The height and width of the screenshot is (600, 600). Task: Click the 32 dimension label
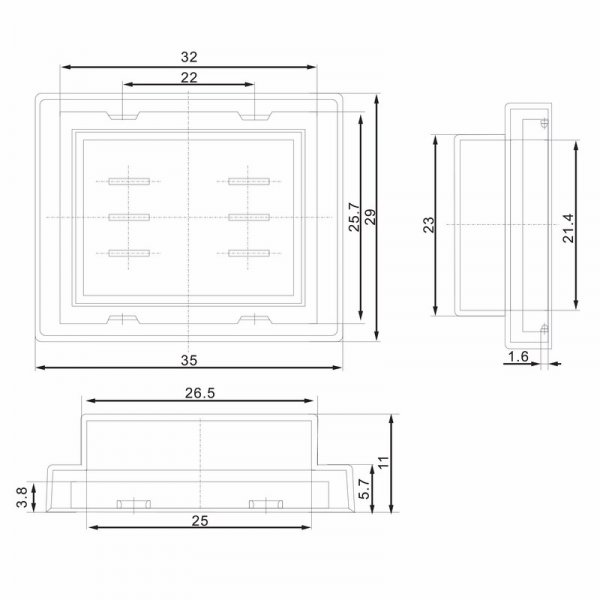tap(189, 57)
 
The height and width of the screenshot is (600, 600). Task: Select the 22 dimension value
tap(189, 78)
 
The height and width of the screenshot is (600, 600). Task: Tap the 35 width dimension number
tap(189, 360)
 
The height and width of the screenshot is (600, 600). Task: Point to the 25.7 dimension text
tap(354, 217)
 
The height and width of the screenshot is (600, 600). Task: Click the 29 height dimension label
tap(370, 217)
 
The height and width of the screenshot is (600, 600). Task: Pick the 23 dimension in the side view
tap(429, 225)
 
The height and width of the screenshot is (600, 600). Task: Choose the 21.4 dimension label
tap(568, 228)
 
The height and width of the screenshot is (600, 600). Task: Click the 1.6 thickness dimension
tap(518, 357)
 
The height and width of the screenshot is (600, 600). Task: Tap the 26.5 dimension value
tap(200, 393)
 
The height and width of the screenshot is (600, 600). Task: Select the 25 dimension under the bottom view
tap(200, 521)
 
